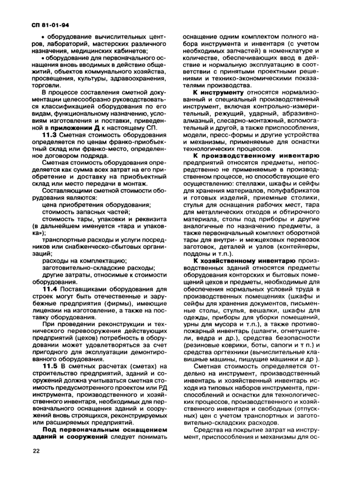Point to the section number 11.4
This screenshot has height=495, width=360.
tap(52, 289)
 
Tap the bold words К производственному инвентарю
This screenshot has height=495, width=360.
tap(256, 154)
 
